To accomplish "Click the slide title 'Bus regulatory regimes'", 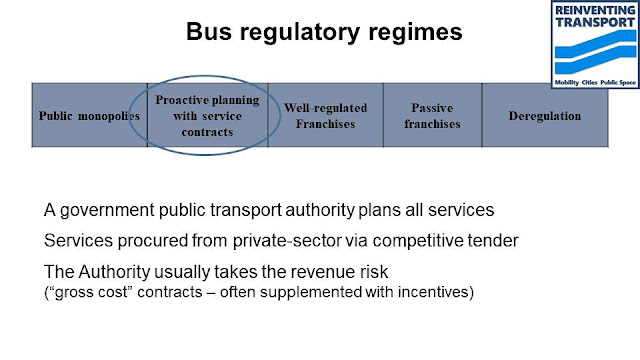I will (325, 33).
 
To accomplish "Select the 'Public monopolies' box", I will (89, 116).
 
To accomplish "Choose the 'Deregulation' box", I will (544, 116).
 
